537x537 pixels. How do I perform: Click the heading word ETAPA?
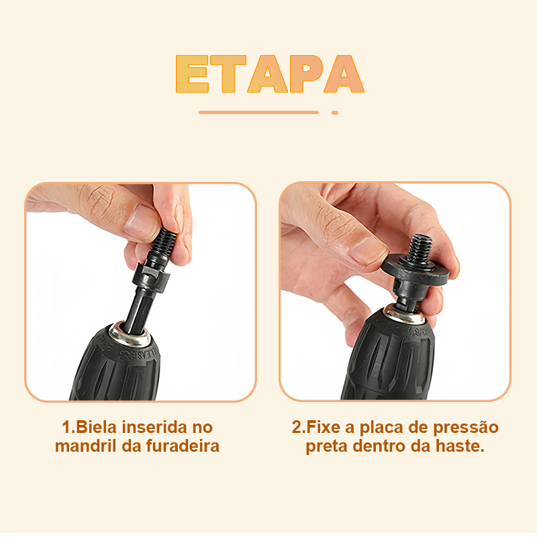[x=270, y=74]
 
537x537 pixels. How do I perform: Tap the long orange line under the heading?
[x=258, y=112]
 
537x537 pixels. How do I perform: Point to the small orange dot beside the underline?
[x=335, y=113]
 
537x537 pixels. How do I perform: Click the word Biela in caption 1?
[x=97, y=427]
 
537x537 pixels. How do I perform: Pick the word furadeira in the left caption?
[x=183, y=446]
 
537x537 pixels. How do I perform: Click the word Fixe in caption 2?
[x=324, y=427]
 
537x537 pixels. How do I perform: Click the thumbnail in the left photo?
[x=141, y=222]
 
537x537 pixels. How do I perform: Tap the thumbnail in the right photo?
[x=367, y=251]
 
